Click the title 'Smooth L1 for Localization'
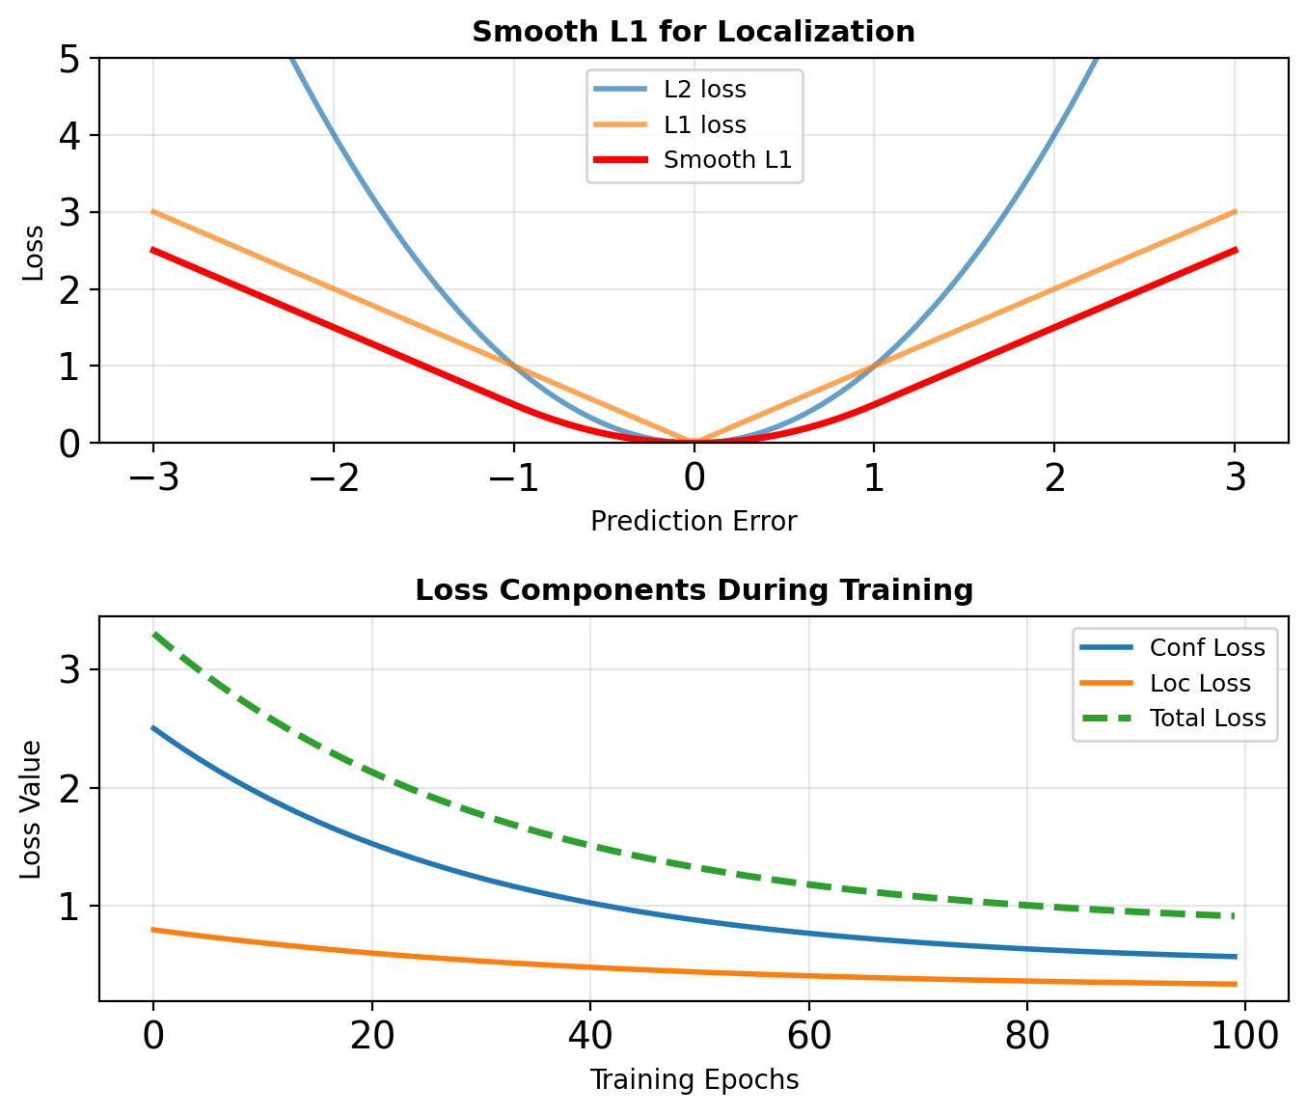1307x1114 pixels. tap(694, 32)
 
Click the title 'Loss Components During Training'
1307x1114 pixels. tap(694, 589)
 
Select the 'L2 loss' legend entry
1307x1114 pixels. tap(704, 90)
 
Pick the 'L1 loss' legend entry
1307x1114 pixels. tap(704, 124)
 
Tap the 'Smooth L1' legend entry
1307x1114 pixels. tap(727, 160)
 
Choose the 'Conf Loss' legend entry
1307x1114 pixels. tap(1207, 647)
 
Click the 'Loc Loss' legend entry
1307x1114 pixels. tap(1200, 683)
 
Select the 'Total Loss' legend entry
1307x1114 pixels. tap(1207, 718)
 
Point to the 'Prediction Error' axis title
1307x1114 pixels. tap(694, 522)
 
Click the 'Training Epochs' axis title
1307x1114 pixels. tap(694, 1079)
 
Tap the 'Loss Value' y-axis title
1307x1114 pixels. tap(32, 809)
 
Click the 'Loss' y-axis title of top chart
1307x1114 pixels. tap(34, 252)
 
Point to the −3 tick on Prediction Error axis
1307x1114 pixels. tap(152, 477)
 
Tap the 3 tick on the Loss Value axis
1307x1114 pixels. tap(71, 670)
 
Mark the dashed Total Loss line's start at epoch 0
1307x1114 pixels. tap(153, 634)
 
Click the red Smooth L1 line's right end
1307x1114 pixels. tap(1236, 250)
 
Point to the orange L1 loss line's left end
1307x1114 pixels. tap(152, 211)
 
